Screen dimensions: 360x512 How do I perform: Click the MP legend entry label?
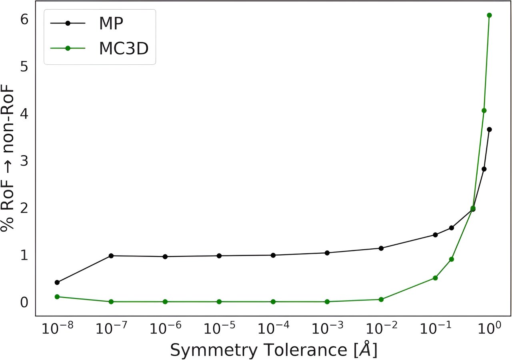click(x=111, y=24)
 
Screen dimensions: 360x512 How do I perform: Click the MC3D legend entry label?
click(x=124, y=48)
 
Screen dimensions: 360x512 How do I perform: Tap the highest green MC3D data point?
click(x=489, y=15)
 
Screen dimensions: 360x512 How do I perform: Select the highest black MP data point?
click(x=489, y=130)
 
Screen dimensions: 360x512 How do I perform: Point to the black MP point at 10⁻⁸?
click(x=57, y=282)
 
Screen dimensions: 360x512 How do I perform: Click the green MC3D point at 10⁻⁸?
click(x=57, y=297)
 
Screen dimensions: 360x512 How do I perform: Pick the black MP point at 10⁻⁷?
click(x=111, y=256)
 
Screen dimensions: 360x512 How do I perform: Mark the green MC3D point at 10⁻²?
click(x=381, y=299)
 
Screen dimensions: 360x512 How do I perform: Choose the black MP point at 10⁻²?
click(x=381, y=248)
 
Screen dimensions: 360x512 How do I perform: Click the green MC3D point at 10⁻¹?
click(x=435, y=278)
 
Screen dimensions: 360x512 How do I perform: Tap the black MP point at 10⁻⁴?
click(x=273, y=255)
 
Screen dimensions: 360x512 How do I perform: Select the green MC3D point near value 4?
click(x=484, y=110)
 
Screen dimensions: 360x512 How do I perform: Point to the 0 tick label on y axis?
click(x=24, y=302)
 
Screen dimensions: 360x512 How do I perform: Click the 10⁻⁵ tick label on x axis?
click(x=219, y=328)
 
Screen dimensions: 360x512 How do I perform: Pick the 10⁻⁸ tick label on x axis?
click(x=57, y=328)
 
